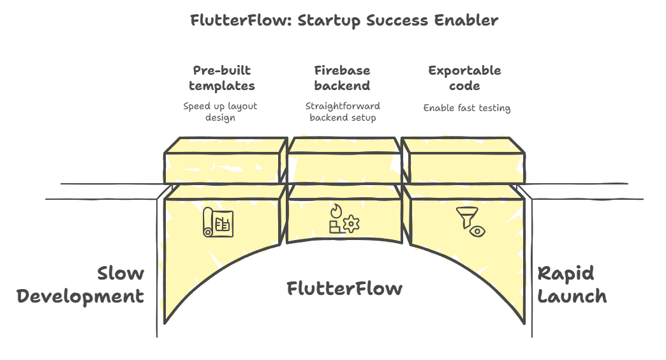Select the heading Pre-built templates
coord(222,78)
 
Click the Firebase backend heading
coord(343,78)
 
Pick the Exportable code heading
coord(464,78)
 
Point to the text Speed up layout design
coord(220,112)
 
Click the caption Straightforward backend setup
coord(343,112)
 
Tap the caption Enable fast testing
coord(467,108)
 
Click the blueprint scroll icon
coord(218,222)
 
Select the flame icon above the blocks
coord(336,211)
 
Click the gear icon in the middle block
coord(352,224)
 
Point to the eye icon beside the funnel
coord(478,231)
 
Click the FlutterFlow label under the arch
coord(344,289)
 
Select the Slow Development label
coord(81,285)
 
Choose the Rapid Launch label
coord(572,285)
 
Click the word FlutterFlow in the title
coord(241,20)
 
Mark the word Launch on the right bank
coord(572,296)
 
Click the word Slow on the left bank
coord(121,273)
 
